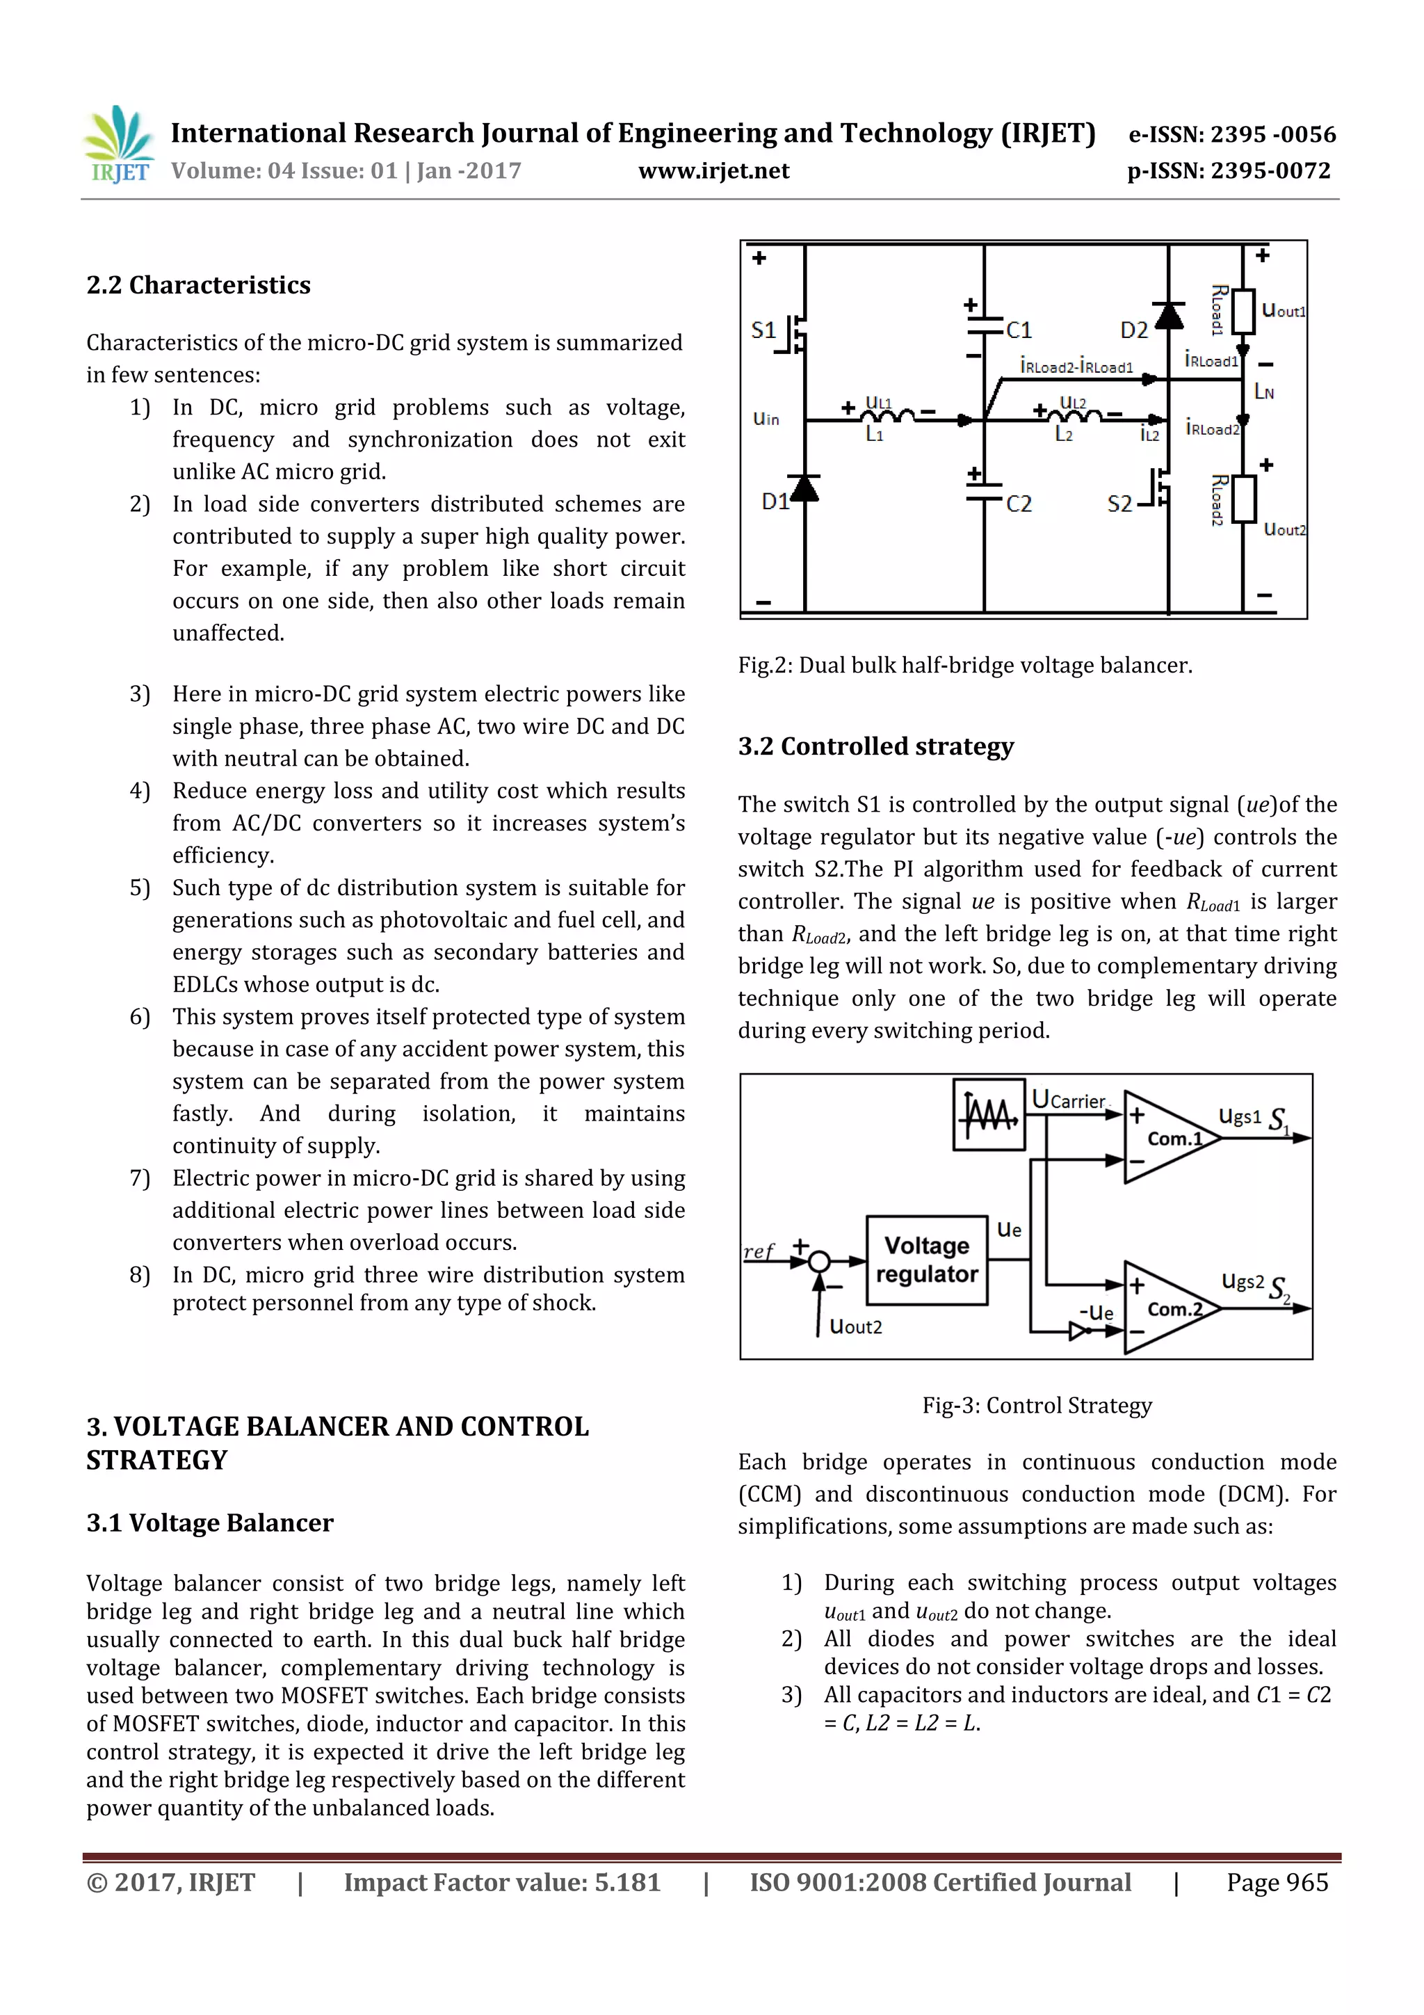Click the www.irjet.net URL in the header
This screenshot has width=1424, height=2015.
[713, 171]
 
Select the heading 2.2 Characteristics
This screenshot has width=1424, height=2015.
[198, 285]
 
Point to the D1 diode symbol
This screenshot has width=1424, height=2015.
[804, 488]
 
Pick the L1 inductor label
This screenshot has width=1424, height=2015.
[875, 435]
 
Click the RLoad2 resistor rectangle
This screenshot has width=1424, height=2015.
[1243, 499]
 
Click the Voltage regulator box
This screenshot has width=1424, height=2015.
[927, 1260]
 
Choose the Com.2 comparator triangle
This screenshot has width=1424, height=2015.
[1167, 1308]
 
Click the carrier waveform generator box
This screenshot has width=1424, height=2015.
[989, 1114]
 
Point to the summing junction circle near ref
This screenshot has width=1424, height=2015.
[818, 1262]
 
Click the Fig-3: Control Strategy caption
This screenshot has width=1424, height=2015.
[1036, 1405]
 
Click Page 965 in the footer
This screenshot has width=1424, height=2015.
[1277, 1882]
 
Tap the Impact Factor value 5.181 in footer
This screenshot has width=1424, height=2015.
[502, 1882]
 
